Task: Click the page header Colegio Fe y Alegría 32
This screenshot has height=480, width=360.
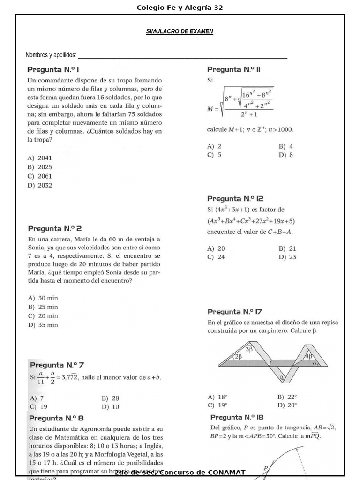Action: pyautogui.click(x=180, y=7)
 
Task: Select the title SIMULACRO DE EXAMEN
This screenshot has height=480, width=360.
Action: pyautogui.click(x=180, y=31)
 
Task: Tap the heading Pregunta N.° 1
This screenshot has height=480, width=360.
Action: pyautogui.click(x=56, y=69)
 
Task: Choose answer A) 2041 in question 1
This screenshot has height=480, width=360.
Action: pyautogui.click(x=40, y=158)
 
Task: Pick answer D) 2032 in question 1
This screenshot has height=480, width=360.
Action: pyautogui.click(x=40, y=185)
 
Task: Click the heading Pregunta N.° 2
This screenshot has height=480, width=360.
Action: pyautogui.click(x=55, y=229)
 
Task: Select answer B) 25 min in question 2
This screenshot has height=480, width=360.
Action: pyautogui.click(x=43, y=307)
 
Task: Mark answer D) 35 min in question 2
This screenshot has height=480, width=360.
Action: pyautogui.click(x=43, y=325)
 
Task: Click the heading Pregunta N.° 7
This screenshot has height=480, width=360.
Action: pyautogui.click(x=57, y=365)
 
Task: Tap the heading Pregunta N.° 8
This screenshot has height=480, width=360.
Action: pyautogui.click(x=57, y=418)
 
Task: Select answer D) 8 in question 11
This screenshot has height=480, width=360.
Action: pyautogui.click(x=285, y=155)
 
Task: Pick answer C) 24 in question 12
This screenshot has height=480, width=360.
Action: pyautogui.click(x=216, y=257)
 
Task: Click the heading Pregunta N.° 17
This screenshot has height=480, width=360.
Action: pyautogui.click(x=234, y=312)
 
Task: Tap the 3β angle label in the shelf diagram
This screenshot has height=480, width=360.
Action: pyautogui.click(x=249, y=349)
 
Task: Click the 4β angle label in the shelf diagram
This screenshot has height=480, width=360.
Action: pyautogui.click(x=308, y=356)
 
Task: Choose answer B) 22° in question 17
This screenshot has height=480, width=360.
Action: pyautogui.click(x=287, y=397)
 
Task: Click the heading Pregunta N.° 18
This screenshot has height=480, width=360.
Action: pyautogui.click(x=237, y=417)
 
